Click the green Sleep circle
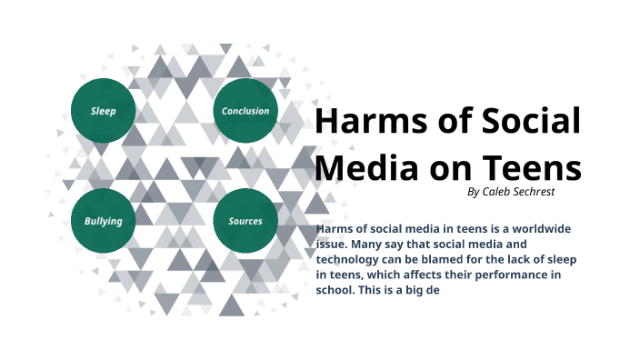coord(103,111)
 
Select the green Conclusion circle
coord(245,111)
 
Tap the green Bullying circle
coord(103,221)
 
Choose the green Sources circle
coord(245,221)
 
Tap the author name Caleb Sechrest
coord(520,193)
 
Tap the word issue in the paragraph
coord(332,245)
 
